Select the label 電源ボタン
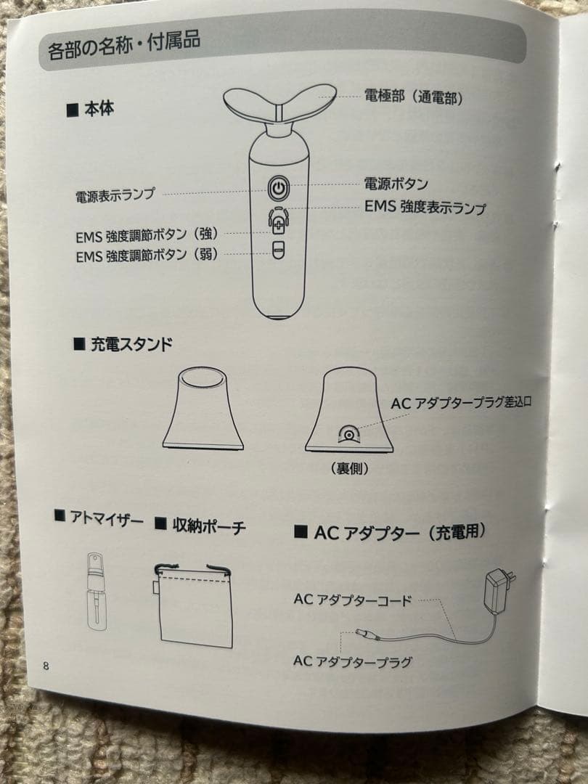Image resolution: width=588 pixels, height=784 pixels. tap(396, 184)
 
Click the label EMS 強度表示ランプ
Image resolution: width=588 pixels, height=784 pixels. tap(425, 207)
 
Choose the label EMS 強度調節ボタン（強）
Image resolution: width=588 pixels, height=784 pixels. tap(146, 235)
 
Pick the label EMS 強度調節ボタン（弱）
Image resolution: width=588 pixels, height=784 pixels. tap(146, 256)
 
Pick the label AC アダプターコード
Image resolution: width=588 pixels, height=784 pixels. tap(353, 600)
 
